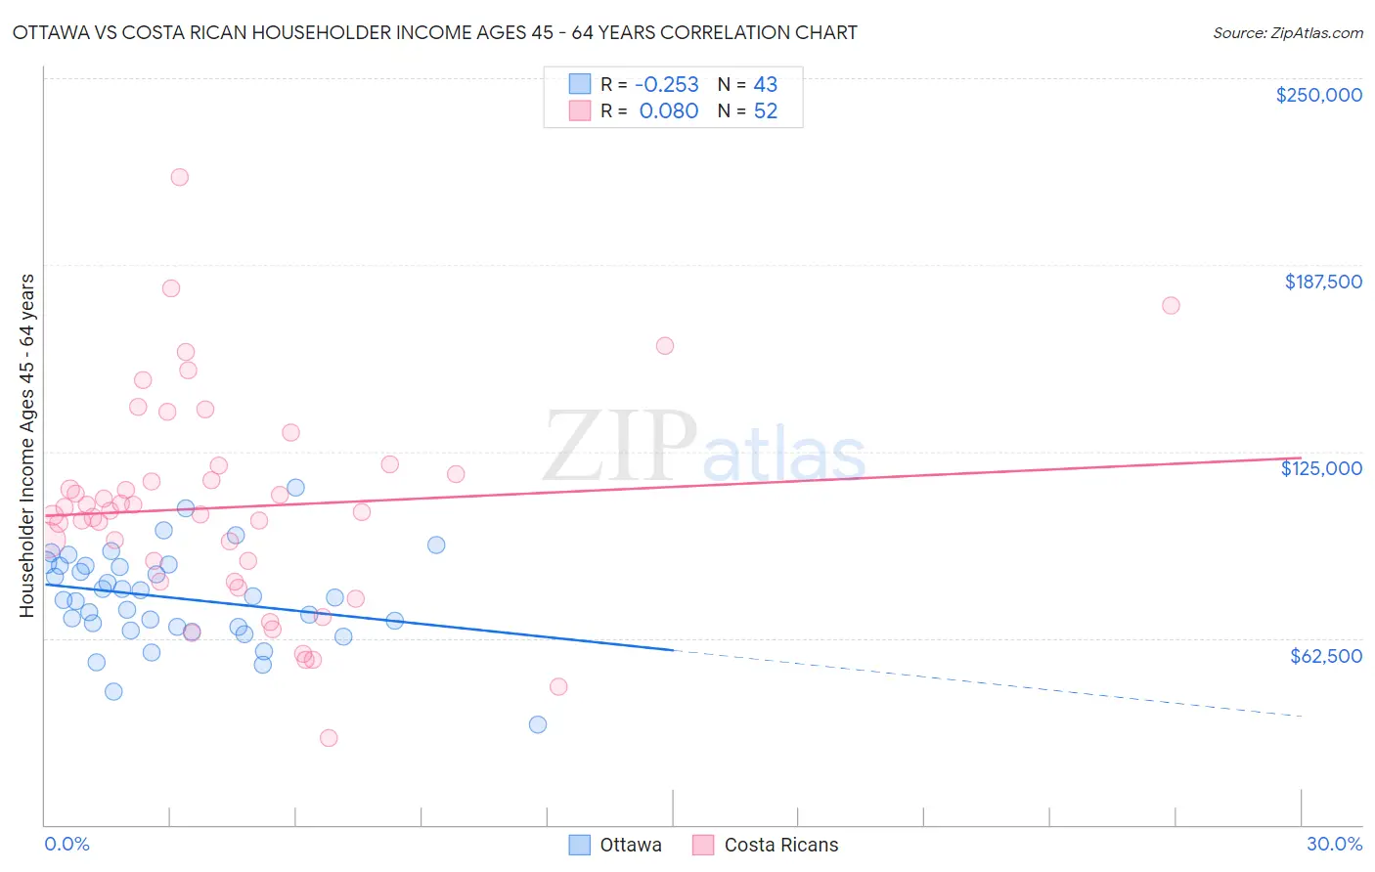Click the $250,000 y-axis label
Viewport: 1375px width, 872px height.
(1318, 95)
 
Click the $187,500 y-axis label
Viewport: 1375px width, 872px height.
(1322, 282)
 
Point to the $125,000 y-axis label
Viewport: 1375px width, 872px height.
(1321, 468)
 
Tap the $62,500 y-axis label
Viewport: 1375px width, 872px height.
(1325, 656)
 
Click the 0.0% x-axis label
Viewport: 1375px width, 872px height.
(67, 844)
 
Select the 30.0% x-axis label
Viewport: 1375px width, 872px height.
(1334, 844)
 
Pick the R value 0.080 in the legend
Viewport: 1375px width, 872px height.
(668, 111)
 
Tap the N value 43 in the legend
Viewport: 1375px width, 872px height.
(765, 84)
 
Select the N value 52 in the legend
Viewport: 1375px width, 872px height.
(765, 111)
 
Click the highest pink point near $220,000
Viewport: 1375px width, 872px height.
(179, 177)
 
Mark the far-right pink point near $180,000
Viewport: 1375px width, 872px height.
(1171, 305)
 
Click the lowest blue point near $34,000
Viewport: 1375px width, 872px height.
(537, 724)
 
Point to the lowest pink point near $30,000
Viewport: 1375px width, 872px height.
(329, 738)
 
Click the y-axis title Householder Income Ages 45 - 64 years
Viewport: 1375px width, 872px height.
(26, 446)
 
